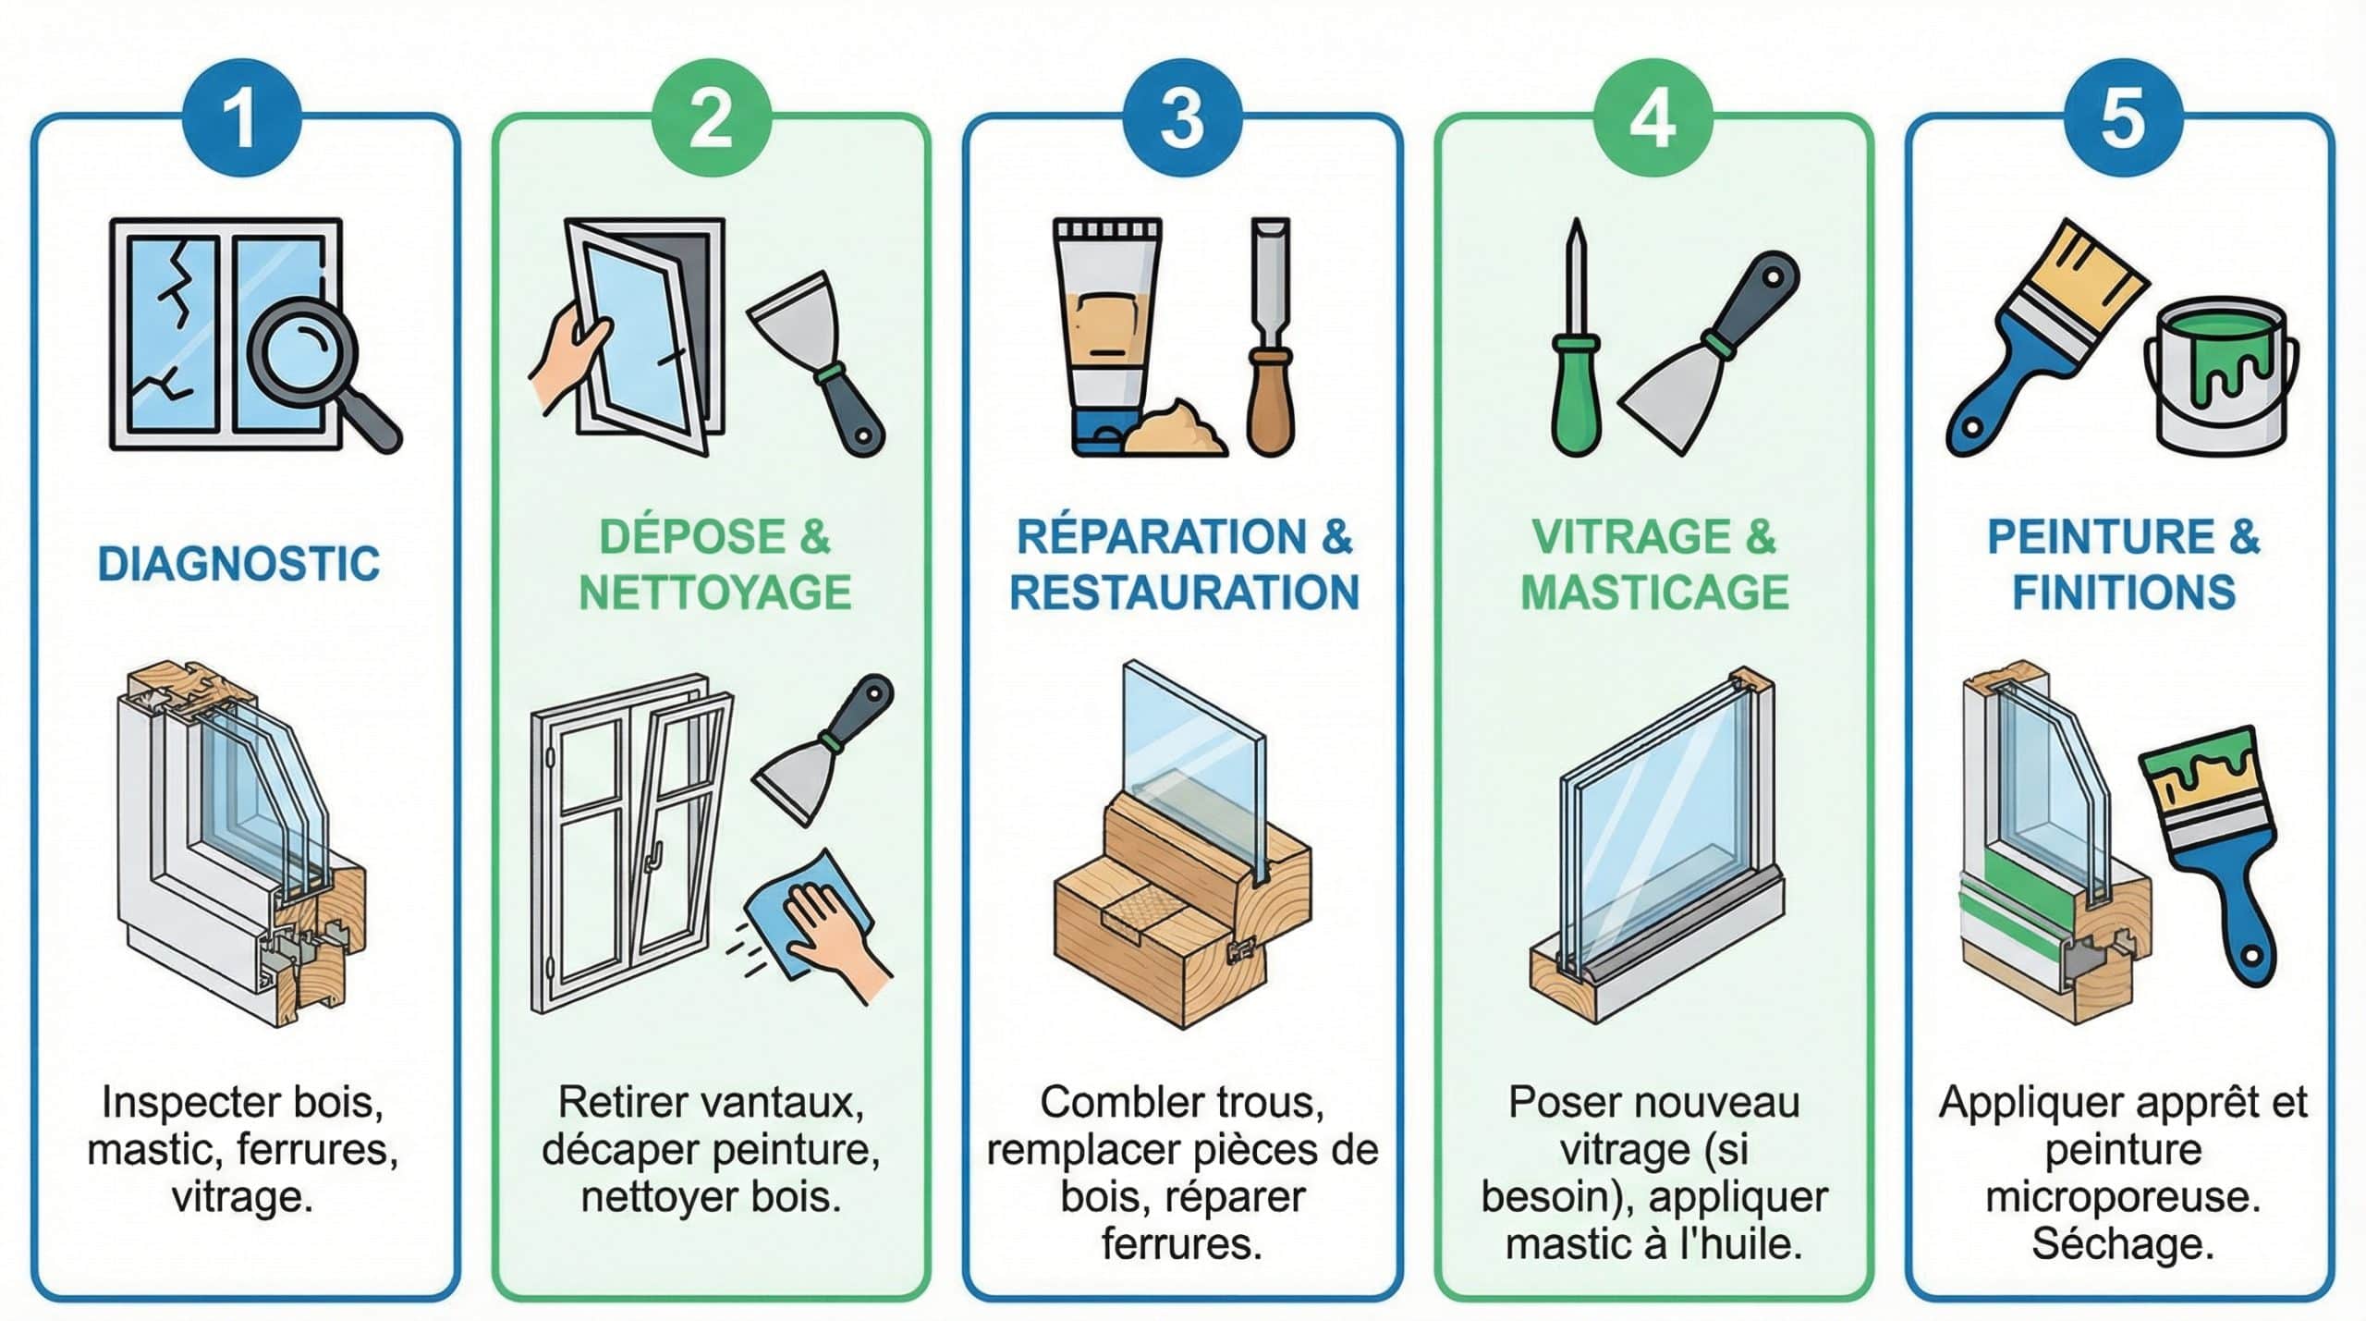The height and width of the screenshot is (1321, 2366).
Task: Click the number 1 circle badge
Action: click(242, 117)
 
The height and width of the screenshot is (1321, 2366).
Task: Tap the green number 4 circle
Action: click(1652, 117)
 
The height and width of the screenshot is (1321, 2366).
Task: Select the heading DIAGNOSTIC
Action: click(238, 564)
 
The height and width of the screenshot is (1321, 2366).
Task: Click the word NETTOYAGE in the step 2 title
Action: click(714, 593)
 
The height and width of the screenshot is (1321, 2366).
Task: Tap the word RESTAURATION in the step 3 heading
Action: click(1184, 593)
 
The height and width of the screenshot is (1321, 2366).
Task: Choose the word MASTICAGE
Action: click(1654, 593)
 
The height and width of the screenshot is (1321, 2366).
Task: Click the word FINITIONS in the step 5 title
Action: click(2124, 593)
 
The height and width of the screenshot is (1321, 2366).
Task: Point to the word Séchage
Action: click(2123, 1244)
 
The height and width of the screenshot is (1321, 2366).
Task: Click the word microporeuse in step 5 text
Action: click(2123, 1197)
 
